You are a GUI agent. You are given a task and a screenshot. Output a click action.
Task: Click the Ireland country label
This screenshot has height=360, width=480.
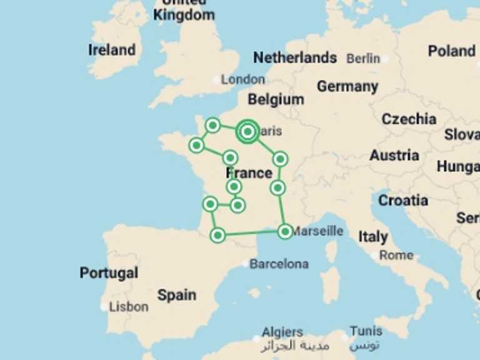pos(112,50)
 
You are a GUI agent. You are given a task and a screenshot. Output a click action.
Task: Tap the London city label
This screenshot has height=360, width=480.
pos(243,79)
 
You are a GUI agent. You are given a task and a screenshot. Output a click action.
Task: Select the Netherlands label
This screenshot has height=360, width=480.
pos(295,58)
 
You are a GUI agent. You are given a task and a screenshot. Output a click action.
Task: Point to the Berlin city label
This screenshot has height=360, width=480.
pos(363,59)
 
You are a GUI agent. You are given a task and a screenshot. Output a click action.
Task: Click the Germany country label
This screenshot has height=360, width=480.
pos(347,87)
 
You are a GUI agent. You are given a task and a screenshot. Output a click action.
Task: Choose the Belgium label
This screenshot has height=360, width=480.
pos(276,99)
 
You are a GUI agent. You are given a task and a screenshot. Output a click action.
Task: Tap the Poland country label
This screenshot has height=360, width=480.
pos(452,51)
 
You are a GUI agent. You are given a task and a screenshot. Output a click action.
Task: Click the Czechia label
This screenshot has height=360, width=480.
pos(409,119)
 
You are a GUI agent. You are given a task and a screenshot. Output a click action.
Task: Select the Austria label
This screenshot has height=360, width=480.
pos(394,155)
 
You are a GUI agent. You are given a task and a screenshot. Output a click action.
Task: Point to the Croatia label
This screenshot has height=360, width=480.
pos(403,201)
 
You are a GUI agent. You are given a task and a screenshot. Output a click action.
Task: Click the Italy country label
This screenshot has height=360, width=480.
pos(373,237)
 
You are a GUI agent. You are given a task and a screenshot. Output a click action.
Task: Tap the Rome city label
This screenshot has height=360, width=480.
pos(396,255)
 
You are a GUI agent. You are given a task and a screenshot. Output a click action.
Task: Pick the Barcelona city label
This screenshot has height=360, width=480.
pos(279,264)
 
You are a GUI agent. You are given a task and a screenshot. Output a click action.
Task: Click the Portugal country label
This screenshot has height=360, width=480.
pos(109,273)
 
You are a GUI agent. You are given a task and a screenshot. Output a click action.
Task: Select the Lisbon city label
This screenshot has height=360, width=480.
pos(129,307)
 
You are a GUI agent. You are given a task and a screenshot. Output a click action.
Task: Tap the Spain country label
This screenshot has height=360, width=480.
pos(177,295)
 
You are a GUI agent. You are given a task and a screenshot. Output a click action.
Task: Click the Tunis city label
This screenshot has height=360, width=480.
pos(366,331)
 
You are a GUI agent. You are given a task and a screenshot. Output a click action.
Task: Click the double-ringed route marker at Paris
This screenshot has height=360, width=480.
pos(247,131)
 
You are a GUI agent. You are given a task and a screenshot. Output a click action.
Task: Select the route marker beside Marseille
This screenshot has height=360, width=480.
pos(285,231)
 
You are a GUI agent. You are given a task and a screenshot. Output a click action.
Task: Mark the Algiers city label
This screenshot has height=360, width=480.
pos(282,332)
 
